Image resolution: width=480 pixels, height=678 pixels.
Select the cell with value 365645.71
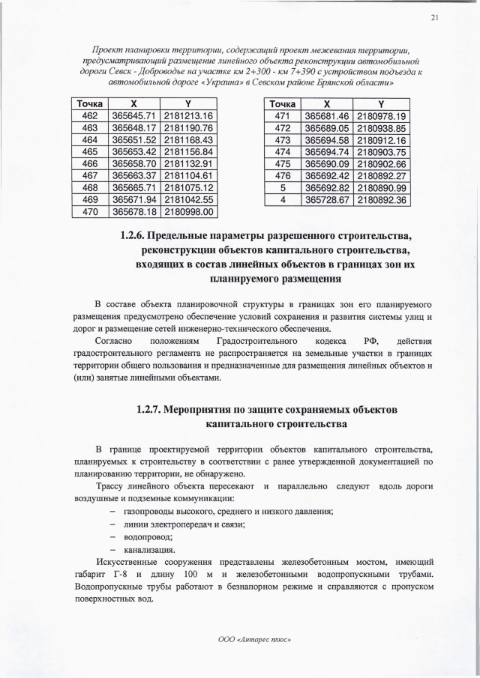[133, 116]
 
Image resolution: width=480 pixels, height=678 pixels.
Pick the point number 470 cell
[89, 212]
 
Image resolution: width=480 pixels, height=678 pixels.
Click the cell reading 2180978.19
[382, 116]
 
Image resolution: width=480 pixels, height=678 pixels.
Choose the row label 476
[283, 176]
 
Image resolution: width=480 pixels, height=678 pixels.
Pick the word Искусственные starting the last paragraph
[124, 562]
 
